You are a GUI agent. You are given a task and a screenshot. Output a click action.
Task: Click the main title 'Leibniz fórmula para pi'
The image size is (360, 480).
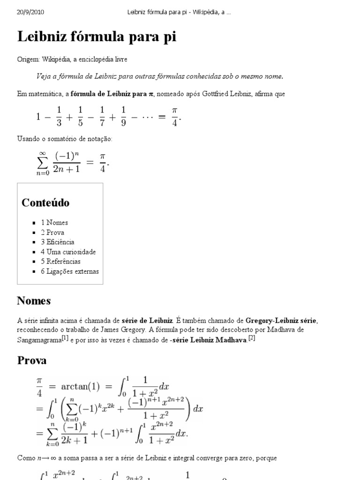coord(97,37)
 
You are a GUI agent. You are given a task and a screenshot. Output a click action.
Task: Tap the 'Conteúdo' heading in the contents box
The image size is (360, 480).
coord(45,203)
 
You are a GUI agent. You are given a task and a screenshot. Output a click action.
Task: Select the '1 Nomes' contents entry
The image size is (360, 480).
coord(54,223)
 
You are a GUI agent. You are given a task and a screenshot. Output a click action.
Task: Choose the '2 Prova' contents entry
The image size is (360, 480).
coord(52,232)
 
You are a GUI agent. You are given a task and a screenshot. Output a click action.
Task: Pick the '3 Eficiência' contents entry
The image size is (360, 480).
coord(57,242)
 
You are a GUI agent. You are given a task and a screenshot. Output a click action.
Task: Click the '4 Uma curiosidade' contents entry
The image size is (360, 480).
coord(68,252)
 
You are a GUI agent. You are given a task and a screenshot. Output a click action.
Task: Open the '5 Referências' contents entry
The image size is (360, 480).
coord(60,262)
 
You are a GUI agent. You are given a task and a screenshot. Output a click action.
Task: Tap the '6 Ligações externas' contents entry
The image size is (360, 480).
coord(69,271)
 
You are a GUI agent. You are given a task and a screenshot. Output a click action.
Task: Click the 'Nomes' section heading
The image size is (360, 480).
coord(34,300)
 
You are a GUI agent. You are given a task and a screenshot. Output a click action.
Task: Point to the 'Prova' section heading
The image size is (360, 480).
coord(31,361)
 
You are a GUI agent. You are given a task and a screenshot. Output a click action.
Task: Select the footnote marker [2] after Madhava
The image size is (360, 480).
coord(251,338)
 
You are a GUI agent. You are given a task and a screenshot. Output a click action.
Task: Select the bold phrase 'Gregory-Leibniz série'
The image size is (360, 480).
coord(281,321)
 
